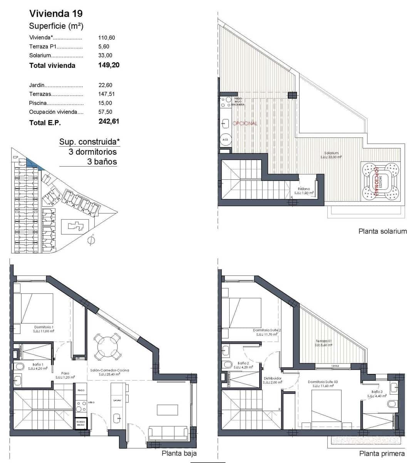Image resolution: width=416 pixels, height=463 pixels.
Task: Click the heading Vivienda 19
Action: coord(56,14)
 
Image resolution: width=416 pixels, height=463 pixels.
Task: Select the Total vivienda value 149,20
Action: coord(109,65)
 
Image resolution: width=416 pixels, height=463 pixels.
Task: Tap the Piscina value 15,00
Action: coord(105,103)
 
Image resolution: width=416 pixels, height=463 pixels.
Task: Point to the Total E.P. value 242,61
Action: coord(109,121)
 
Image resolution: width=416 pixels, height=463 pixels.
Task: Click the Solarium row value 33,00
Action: coord(105,56)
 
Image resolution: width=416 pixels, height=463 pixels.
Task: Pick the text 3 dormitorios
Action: coord(92,152)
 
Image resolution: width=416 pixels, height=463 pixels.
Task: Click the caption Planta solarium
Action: coord(382,231)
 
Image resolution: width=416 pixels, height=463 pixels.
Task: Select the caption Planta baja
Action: coord(179,453)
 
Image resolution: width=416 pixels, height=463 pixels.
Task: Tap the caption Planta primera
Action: coord(382,453)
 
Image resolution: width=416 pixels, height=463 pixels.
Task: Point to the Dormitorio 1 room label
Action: coord(44,327)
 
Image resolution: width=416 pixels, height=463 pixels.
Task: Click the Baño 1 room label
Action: coord(38,364)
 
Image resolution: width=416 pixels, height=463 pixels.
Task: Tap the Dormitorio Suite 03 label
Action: coord(323,382)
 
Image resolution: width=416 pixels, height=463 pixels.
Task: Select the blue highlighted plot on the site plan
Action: coord(35,164)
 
